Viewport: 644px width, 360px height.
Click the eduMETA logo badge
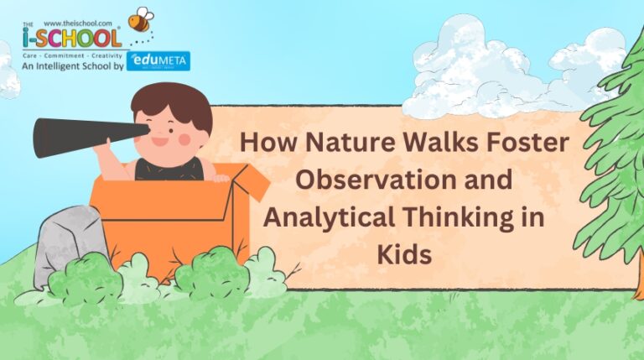coord(158,61)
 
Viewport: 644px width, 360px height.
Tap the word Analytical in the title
coord(333,216)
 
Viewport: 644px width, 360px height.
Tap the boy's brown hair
coord(172,101)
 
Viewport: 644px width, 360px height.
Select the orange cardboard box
coord(168,218)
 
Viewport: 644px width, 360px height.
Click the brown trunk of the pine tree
coord(639,277)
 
